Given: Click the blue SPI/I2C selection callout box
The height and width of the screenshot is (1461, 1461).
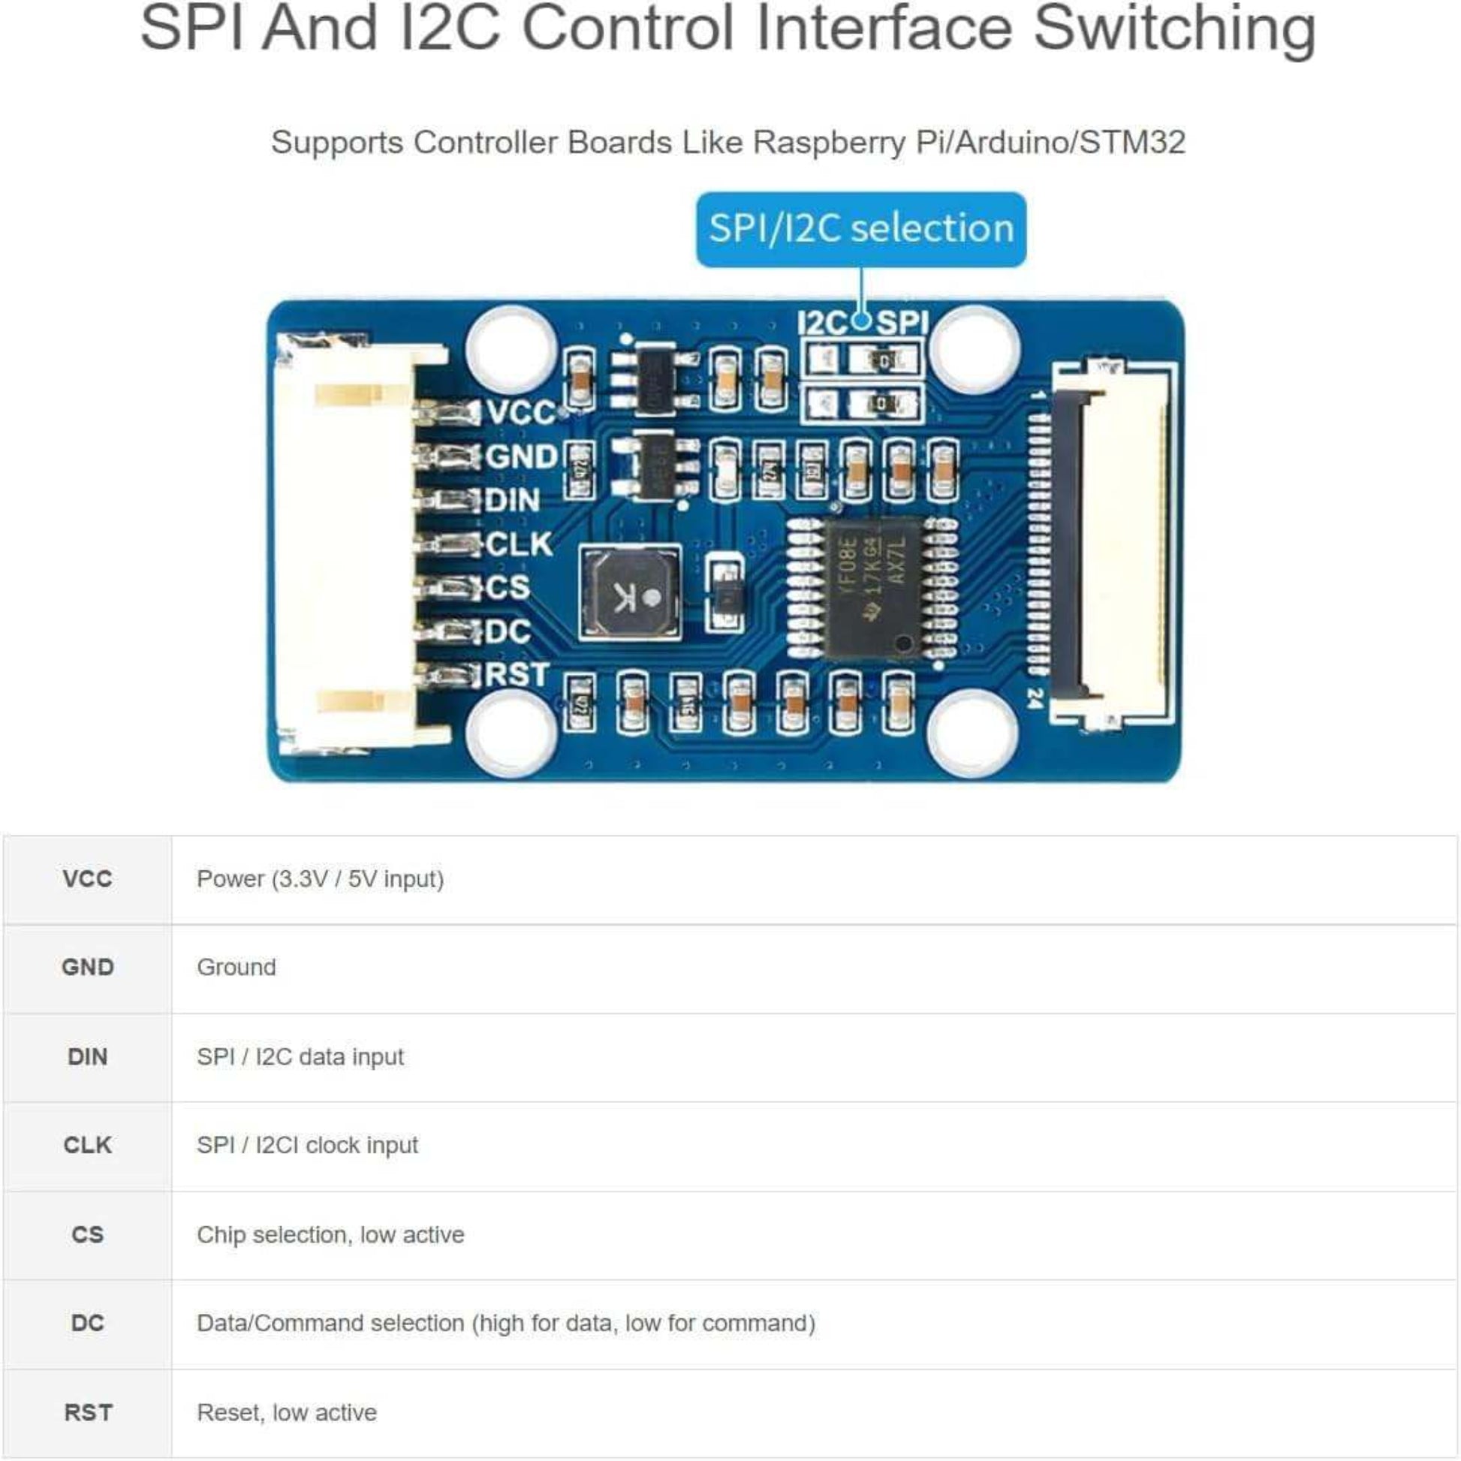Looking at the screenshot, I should [x=860, y=229].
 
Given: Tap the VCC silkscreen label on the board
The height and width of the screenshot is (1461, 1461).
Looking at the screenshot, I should [x=521, y=413].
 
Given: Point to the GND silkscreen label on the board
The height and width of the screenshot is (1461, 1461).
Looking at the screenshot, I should [x=521, y=456].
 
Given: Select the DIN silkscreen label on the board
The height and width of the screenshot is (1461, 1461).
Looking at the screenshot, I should [x=512, y=501].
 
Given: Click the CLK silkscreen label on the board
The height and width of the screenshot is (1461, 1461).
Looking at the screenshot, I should [x=519, y=544].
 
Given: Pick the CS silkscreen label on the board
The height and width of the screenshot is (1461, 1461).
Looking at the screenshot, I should [x=508, y=588].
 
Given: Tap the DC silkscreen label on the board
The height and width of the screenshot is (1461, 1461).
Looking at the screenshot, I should [x=508, y=631].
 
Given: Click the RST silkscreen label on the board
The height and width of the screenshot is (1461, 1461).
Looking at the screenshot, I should [x=517, y=674].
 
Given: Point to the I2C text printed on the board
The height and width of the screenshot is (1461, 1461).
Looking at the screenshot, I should [x=823, y=324].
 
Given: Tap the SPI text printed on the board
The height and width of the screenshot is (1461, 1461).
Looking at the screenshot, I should [x=902, y=324].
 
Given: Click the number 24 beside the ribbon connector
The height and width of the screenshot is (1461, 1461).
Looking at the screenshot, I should [x=1035, y=699].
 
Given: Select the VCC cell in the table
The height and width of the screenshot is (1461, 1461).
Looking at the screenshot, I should [x=88, y=878].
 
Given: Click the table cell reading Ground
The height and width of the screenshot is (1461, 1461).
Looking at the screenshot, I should [x=236, y=967].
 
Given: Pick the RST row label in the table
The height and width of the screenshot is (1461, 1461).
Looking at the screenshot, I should [x=88, y=1412].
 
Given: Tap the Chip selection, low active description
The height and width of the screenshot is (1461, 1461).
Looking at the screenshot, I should [x=330, y=1235].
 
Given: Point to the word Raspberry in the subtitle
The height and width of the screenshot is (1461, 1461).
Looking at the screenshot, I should [x=829, y=142].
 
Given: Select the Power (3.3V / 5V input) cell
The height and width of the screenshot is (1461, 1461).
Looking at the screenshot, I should [x=320, y=878].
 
